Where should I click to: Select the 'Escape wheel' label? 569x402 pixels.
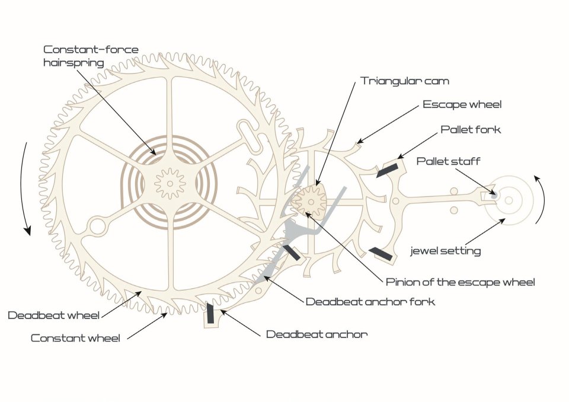click(x=462, y=104)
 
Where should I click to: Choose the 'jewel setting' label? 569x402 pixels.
click(x=446, y=251)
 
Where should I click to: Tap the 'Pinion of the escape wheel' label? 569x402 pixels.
click(x=460, y=282)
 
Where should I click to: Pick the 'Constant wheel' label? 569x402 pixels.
click(x=75, y=339)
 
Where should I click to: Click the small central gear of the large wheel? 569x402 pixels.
click(x=170, y=183)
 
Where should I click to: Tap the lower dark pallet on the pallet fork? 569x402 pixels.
click(x=380, y=254)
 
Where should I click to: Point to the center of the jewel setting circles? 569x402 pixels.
click(x=508, y=200)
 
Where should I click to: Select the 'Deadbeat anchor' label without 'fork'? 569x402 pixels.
click(x=317, y=334)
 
